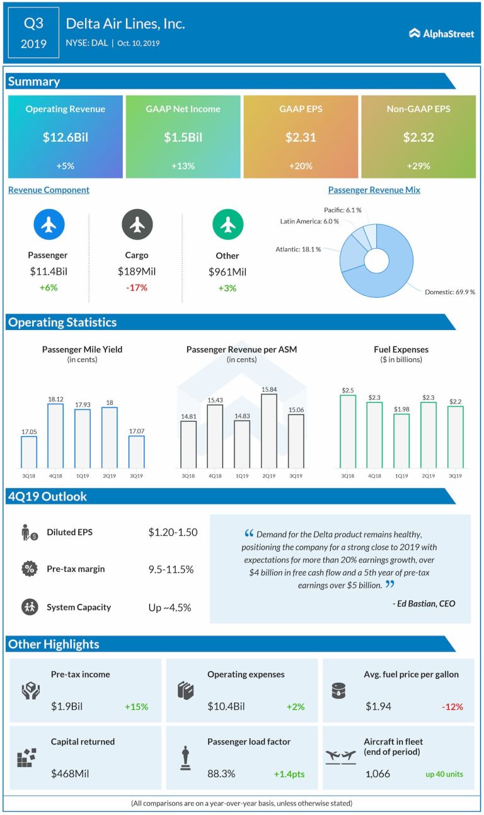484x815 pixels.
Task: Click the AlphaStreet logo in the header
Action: click(441, 33)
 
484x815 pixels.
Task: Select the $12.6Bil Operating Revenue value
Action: click(66, 137)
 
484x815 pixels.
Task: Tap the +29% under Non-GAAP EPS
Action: click(418, 166)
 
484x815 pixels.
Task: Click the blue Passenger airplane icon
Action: click(48, 224)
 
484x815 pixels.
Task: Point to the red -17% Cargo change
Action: click(136, 287)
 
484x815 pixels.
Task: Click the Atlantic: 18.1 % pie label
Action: click(298, 249)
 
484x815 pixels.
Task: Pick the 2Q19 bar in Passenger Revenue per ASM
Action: click(269, 431)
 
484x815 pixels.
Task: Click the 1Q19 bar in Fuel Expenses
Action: click(401, 441)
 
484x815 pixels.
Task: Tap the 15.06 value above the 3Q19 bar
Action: click(296, 409)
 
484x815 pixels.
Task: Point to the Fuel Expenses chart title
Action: click(401, 349)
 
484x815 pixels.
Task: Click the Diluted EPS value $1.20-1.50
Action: click(173, 532)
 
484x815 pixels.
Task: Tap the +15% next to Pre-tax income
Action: click(135, 707)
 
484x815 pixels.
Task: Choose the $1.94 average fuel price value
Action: click(378, 707)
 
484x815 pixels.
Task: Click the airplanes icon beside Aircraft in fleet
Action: click(341, 756)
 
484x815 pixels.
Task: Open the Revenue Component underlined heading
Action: click(49, 190)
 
